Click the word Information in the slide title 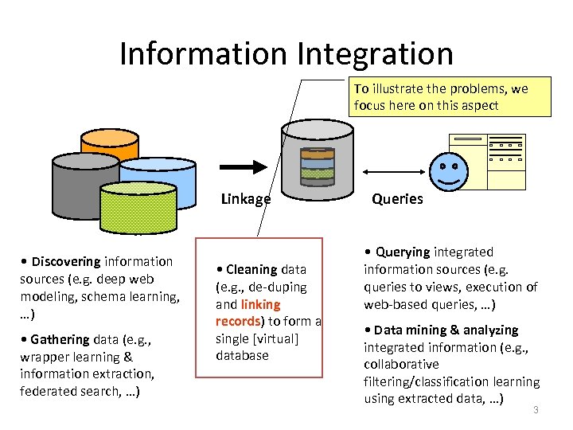coord(203,53)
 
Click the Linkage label coord(245,199)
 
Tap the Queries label coord(397,199)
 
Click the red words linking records coord(248,313)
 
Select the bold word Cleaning coord(251,269)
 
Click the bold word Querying coord(402,252)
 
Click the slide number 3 coord(536,409)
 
